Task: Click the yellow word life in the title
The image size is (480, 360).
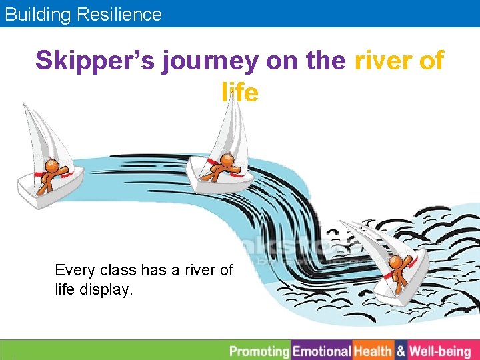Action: [239, 93]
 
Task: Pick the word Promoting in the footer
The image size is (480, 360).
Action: [260, 351]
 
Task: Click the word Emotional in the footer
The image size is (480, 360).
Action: [322, 351]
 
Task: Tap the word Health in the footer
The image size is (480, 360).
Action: [373, 351]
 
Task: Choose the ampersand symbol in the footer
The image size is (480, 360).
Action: [401, 351]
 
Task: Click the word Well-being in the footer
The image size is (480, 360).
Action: [440, 351]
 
